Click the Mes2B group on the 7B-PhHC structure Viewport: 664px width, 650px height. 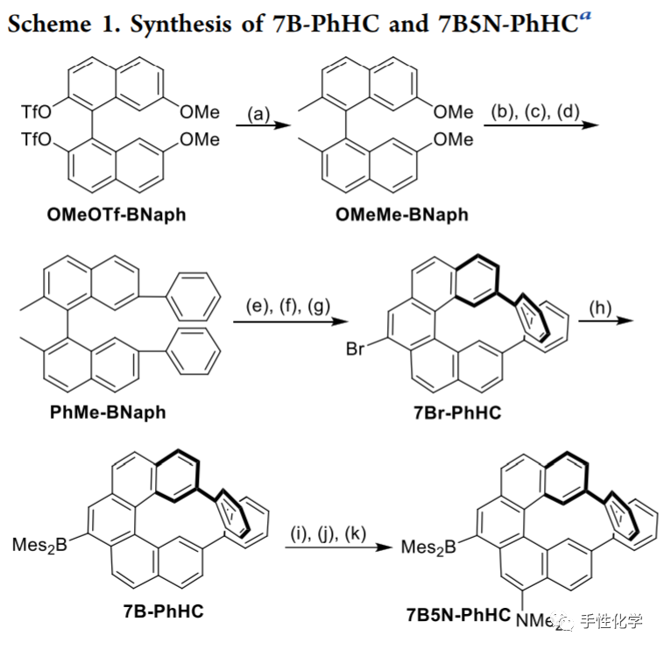pos(37,546)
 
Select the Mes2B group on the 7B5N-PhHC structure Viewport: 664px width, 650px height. pos(426,547)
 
